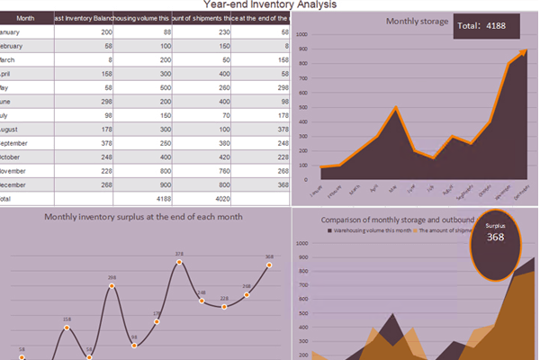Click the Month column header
(26, 18)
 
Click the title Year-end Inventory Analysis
(270, 4)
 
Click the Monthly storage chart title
(417, 21)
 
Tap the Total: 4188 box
(487, 26)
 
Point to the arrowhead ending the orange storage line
(523, 54)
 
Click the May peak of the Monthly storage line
(395, 108)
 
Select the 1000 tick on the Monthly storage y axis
(304, 35)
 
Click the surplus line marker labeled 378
(179, 263)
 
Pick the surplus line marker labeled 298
(112, 286)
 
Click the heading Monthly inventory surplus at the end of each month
(143, 217)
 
